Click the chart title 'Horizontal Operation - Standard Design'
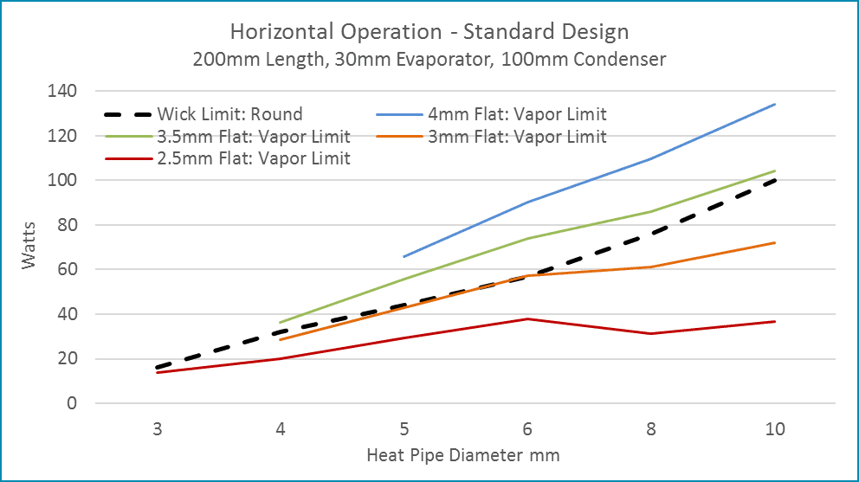pyautogui.click(x=429, y=33)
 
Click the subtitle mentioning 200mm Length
pyautogui.click(x=429, y=60)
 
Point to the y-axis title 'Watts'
pyautogui.click(x=30, y=247)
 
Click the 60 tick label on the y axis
pyautogui.click(x=64, y=270)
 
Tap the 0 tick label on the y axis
pyautogui.click(x=72, y=403)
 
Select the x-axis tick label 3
pyautogui.click(x=157, y=429)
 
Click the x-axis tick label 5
pyautogui.click(x=404, y=429)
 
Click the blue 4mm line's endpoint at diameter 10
pyautogui.click(x=775, y=104)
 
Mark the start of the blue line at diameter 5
pyautogui.click(x=404, y=256)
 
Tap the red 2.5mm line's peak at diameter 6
pyautogui.click(x=527, y=318)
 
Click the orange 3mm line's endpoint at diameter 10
pyautogui.click(x=775, y=242)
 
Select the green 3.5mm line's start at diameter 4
pyautogui.click(x=280, y=323)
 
